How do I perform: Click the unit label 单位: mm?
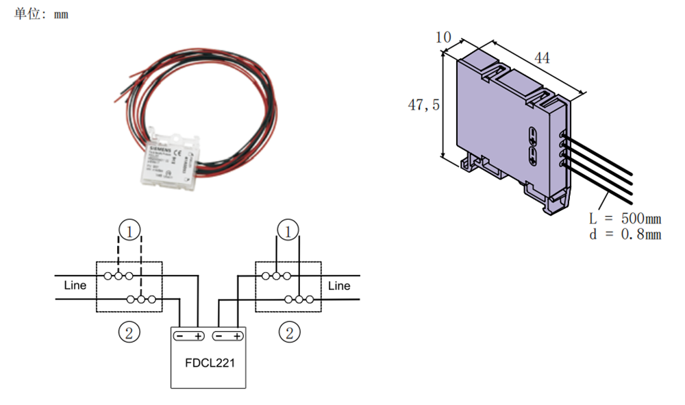(41, 14)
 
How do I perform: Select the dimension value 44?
(542, 58)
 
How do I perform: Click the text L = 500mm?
(625, 219)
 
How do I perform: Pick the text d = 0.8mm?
(625, 234)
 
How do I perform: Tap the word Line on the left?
(75, 285)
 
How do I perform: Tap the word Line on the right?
(338, 285)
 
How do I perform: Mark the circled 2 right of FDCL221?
(288, 333)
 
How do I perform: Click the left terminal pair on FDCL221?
(188, 336)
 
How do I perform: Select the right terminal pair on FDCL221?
(227, 336)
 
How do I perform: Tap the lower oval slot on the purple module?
(534, 154)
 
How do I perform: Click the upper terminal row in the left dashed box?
(119, 276)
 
